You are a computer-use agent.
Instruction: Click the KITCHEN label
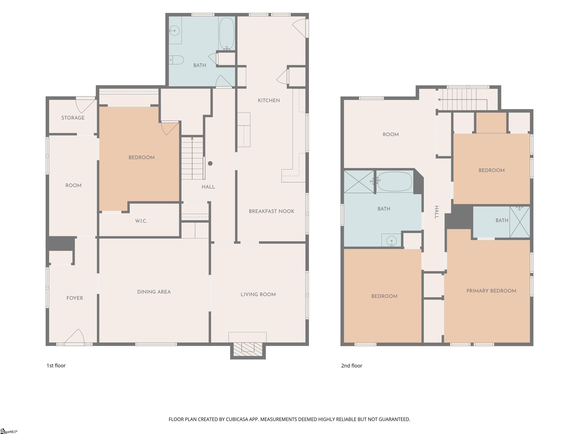[x=269, y=100]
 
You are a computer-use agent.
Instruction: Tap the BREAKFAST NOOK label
[x=272, y=211]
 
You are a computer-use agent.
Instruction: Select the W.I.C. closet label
[x=141, y=221]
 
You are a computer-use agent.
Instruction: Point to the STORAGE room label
[x=73, y=118]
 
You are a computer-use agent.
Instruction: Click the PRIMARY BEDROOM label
[x=491, y=291]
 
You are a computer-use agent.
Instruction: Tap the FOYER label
[x=75, y=298]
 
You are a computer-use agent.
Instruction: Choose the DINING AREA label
[x=154, y=292]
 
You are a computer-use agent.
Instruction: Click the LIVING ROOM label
[x=258, y=295]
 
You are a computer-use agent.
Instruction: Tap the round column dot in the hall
[x=210, y=164]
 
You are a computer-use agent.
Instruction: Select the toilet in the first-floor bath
[x=176, y=60]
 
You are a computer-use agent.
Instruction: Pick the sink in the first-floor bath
[x=174, y=31]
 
